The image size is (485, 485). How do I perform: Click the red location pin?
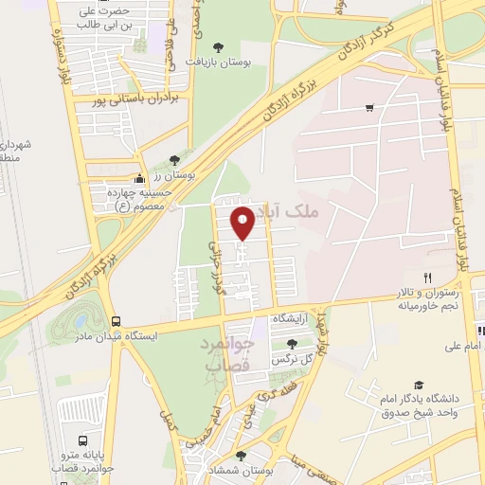[x=243, y=224]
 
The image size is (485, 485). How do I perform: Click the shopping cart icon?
[x=368, y=108]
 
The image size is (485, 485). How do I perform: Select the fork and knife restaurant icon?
[x=427, y=278]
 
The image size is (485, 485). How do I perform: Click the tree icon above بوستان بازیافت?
[x=219, y=46]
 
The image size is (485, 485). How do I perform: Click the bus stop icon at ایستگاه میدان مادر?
[x=116, y=321]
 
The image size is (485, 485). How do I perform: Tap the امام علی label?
[x=463, y=348]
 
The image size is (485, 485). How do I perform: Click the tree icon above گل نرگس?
[x=291, y=343]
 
